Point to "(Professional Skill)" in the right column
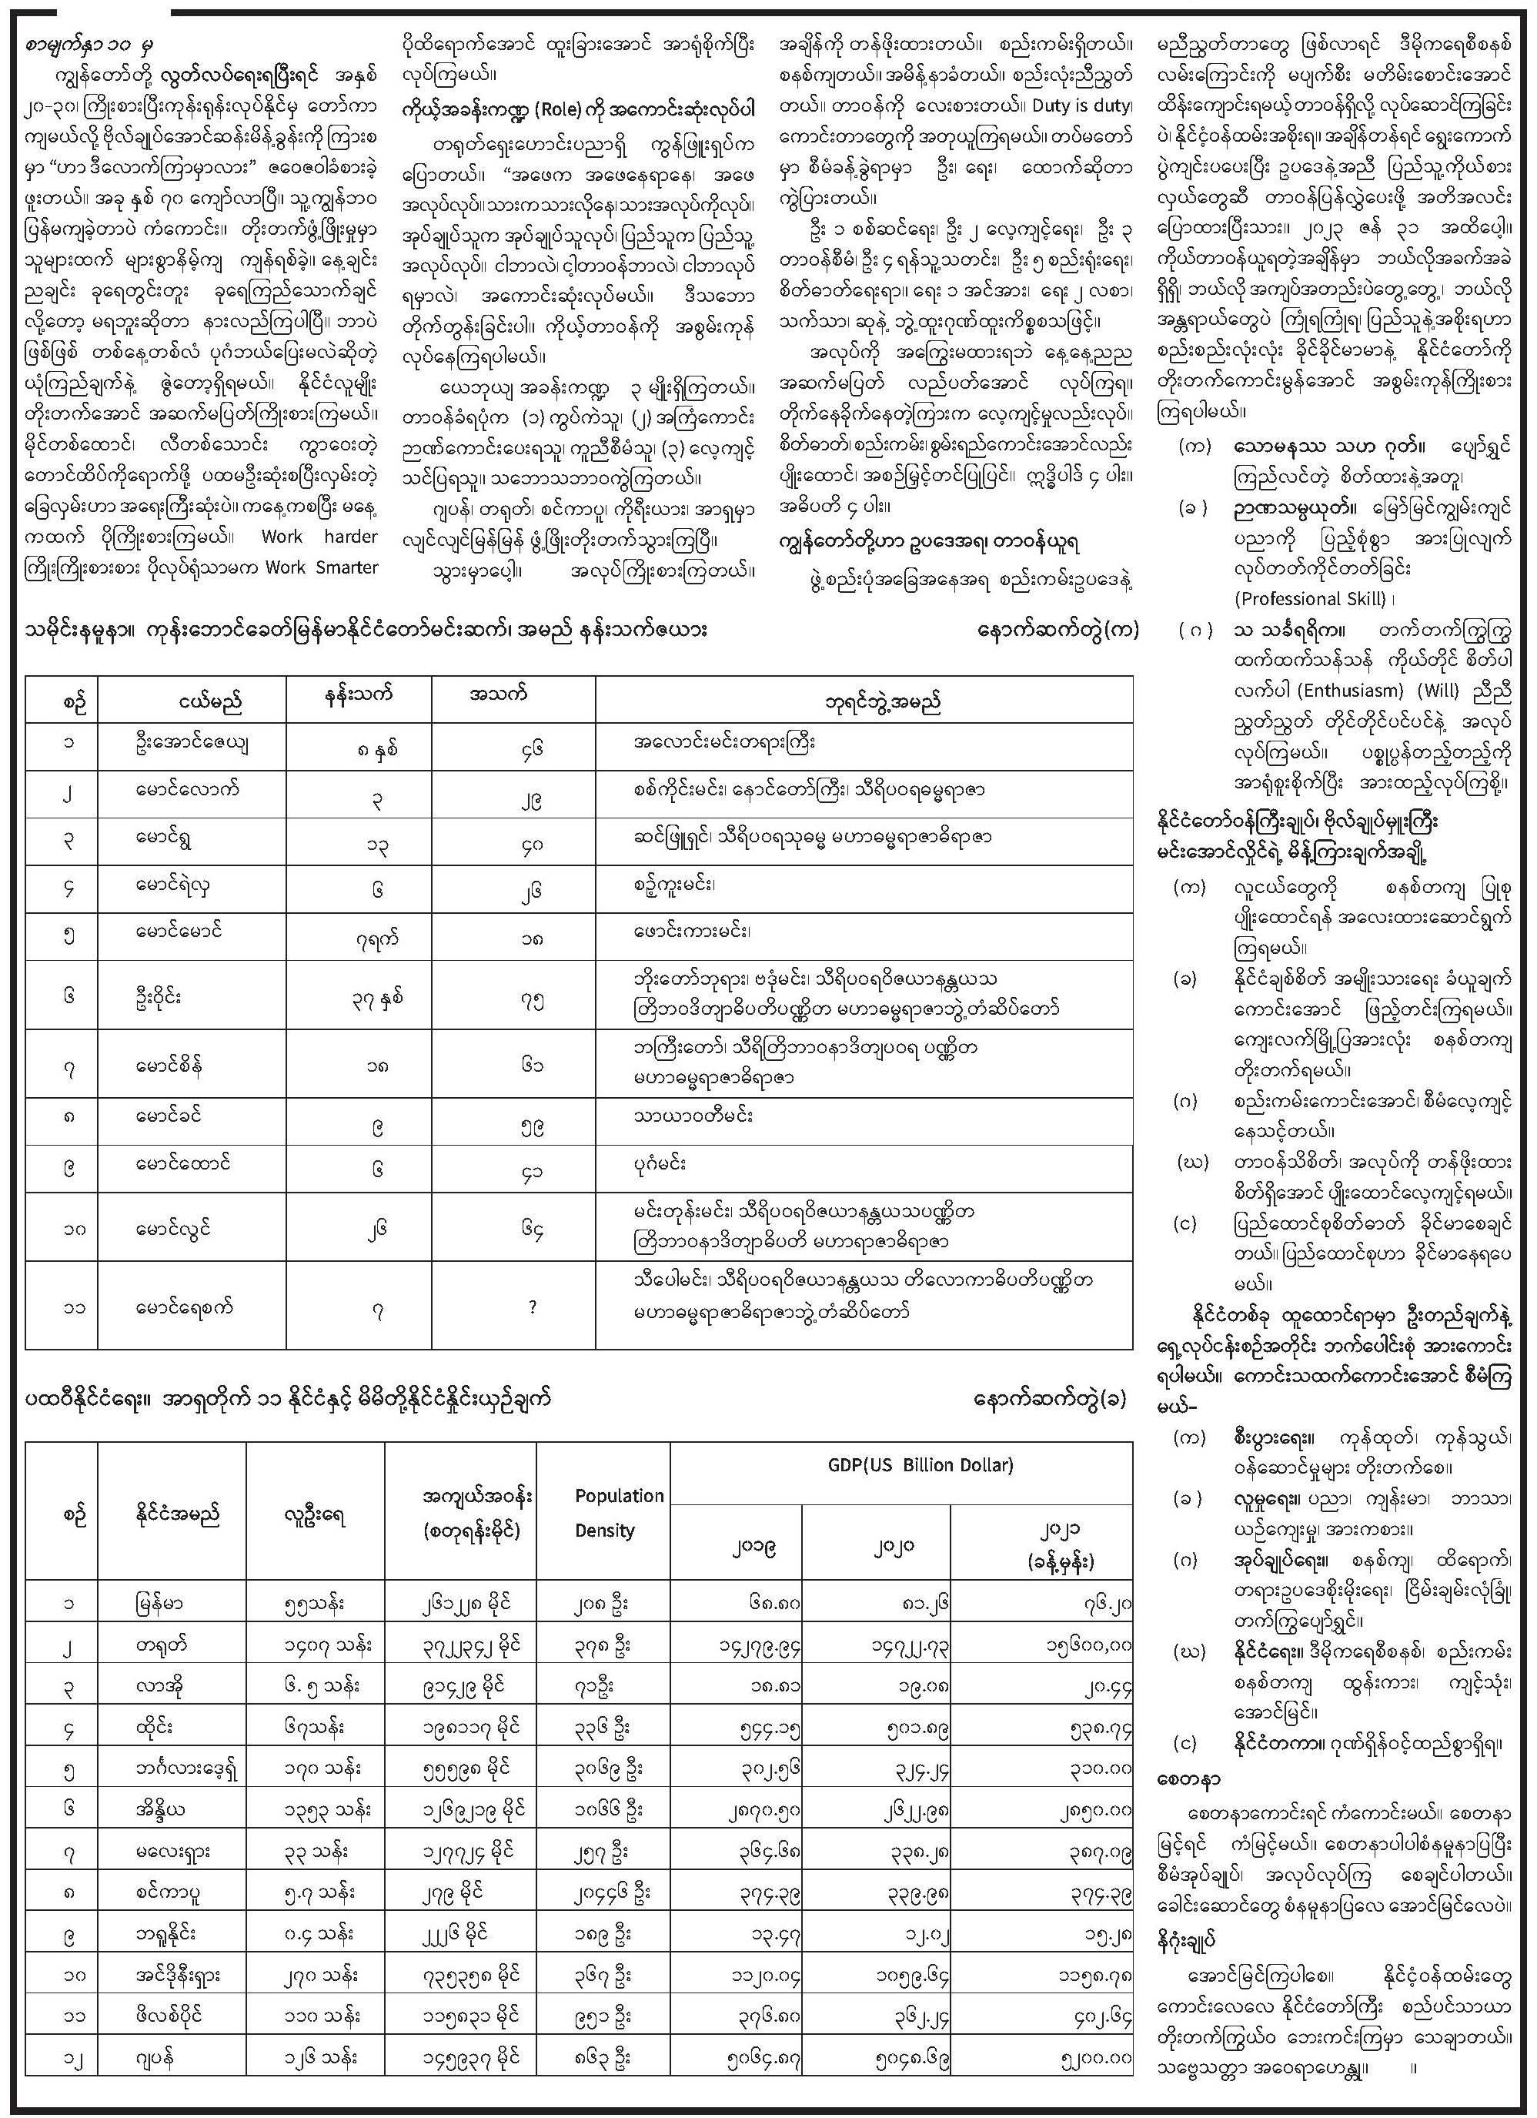click(1313, 599)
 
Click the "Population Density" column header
click(617, 1513)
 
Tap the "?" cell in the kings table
click(533, 1307)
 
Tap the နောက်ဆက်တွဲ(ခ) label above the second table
click(1050, 1400)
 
